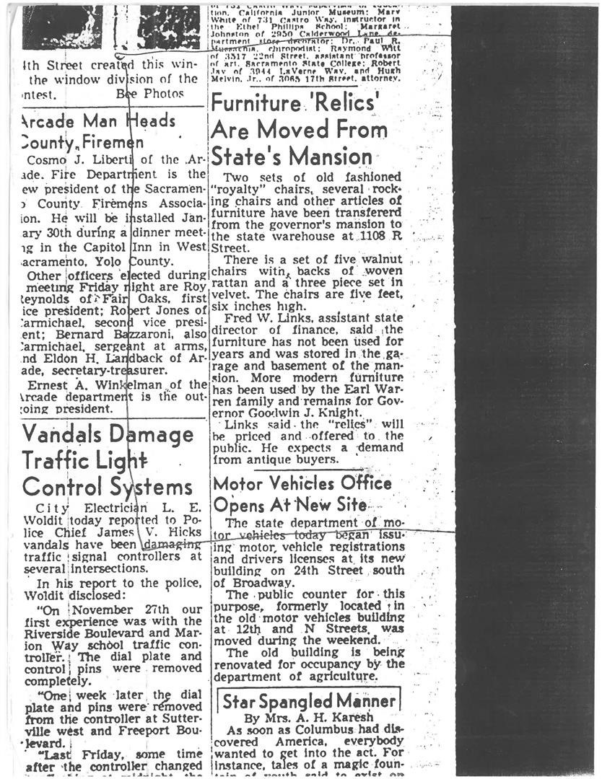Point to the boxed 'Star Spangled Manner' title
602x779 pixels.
[309, 700]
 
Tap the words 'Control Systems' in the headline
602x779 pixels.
[107, 486]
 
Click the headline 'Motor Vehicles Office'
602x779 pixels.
[302, 483]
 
